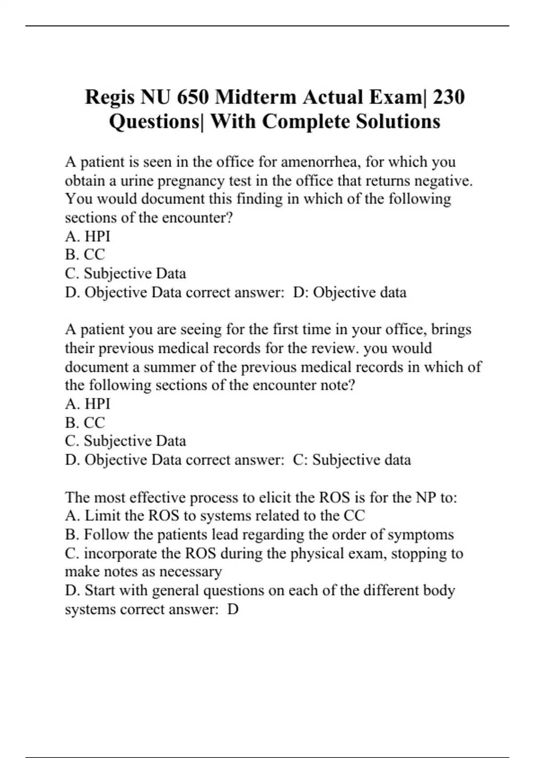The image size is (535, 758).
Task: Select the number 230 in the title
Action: pos(449,97)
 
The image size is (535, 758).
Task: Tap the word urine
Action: pos(137,181)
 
